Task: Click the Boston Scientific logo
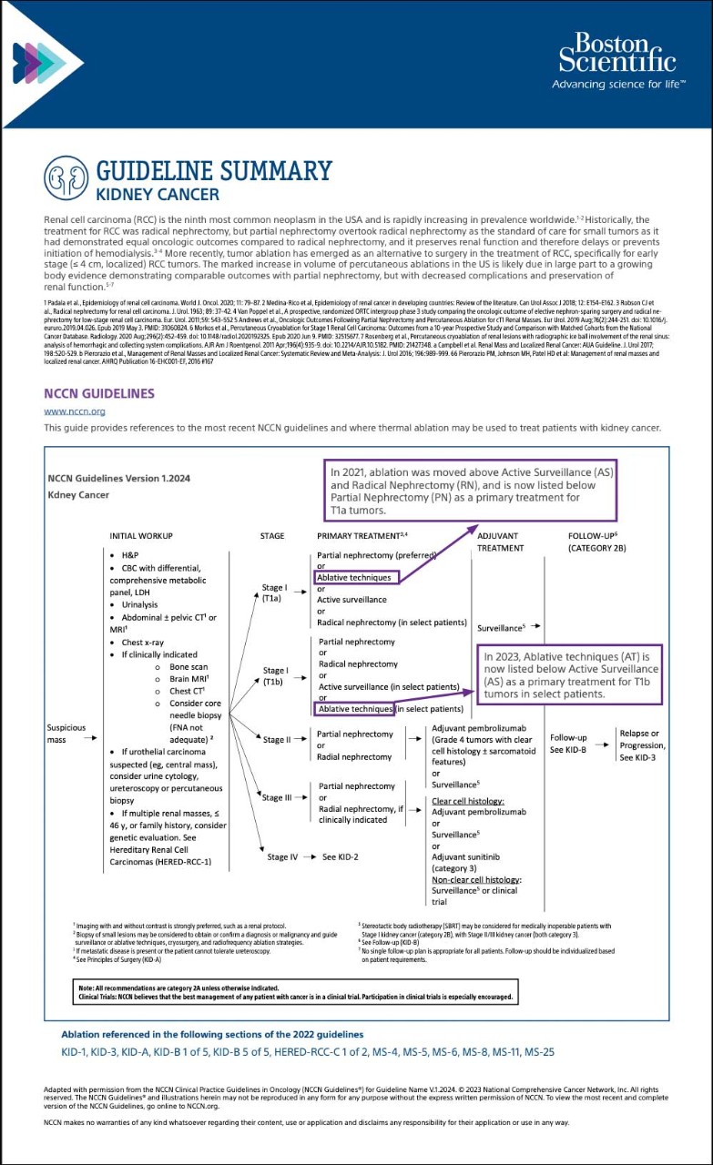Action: [x=616, y=60]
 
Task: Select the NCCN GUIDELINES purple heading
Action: [x=99, y=393]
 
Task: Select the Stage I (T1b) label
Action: [x=276, y=676]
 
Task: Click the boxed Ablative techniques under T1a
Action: [x=354, y=577]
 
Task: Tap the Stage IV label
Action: [x=283, y=857]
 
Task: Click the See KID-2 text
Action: [x=343, y=857]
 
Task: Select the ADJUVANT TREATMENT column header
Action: [x=500, y=542]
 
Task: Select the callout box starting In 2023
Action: [x=570, y=674]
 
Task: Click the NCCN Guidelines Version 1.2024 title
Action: [x=118, y=479]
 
